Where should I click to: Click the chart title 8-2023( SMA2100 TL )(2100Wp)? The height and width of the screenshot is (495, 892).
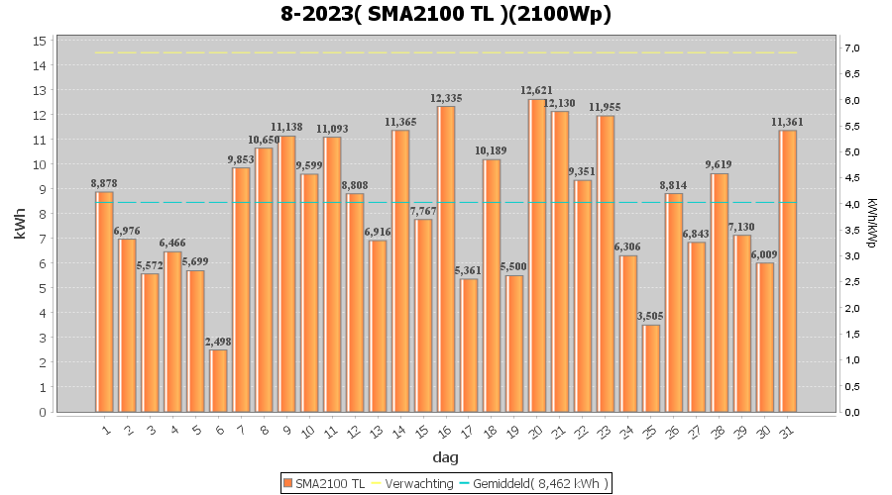[445, 14]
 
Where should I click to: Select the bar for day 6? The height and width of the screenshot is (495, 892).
[218, 380]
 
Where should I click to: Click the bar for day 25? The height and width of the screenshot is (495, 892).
[650, 368]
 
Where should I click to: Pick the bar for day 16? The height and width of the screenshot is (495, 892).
[446, 258]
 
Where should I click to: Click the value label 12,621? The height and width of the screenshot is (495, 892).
[536, 91]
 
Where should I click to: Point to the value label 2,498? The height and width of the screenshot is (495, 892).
[218, 342]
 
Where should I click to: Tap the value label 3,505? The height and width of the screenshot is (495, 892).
[650, 317]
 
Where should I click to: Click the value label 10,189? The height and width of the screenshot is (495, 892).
[492, 151]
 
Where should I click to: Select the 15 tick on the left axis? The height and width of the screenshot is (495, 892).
[40, 41]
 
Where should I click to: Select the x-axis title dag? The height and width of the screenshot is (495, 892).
[445, 457]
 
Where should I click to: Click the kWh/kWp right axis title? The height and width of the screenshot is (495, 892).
[872, 226]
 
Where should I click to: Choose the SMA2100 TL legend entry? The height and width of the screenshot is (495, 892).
[324, 482]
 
